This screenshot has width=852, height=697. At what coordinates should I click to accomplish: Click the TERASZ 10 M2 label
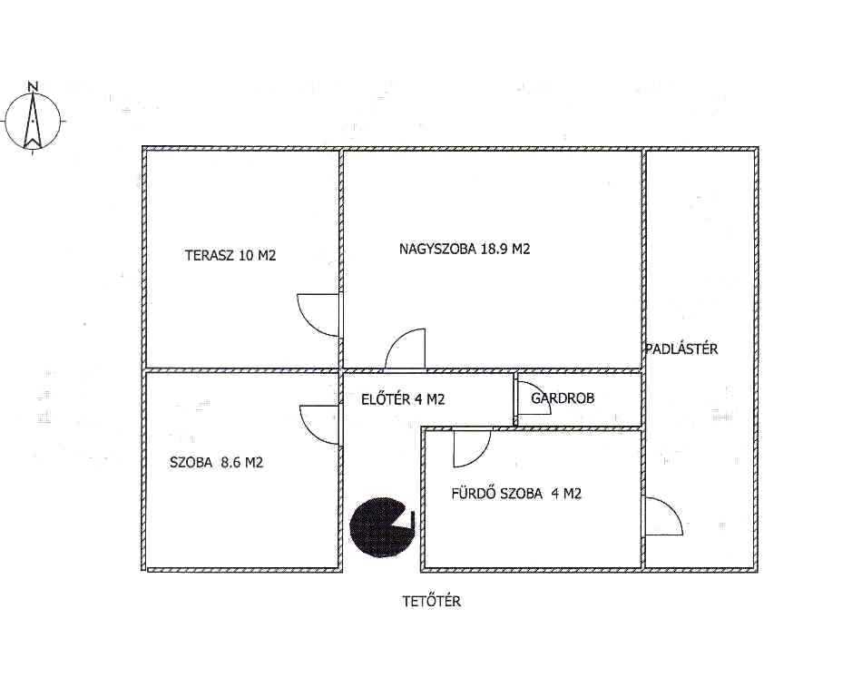click(230, 255)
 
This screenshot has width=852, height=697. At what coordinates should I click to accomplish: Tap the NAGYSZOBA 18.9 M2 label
click(465, 249)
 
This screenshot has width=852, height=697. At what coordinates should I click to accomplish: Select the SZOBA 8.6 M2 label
click(216, 463)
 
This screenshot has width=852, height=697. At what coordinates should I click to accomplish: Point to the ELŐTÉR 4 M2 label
click(403, 399)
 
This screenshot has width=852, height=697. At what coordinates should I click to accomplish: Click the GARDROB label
click(563, 398)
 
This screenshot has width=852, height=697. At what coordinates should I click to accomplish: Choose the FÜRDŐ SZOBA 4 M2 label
click(516, 493)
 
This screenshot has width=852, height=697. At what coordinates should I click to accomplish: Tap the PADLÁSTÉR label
click(682, 348)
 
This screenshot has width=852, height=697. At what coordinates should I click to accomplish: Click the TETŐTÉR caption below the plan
click(431, 602)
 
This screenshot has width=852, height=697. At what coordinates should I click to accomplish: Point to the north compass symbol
click(33, 121)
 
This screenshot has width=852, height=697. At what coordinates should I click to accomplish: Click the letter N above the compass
click(34, 85)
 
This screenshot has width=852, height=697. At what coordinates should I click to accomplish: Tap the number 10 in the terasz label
click(246, 255)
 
